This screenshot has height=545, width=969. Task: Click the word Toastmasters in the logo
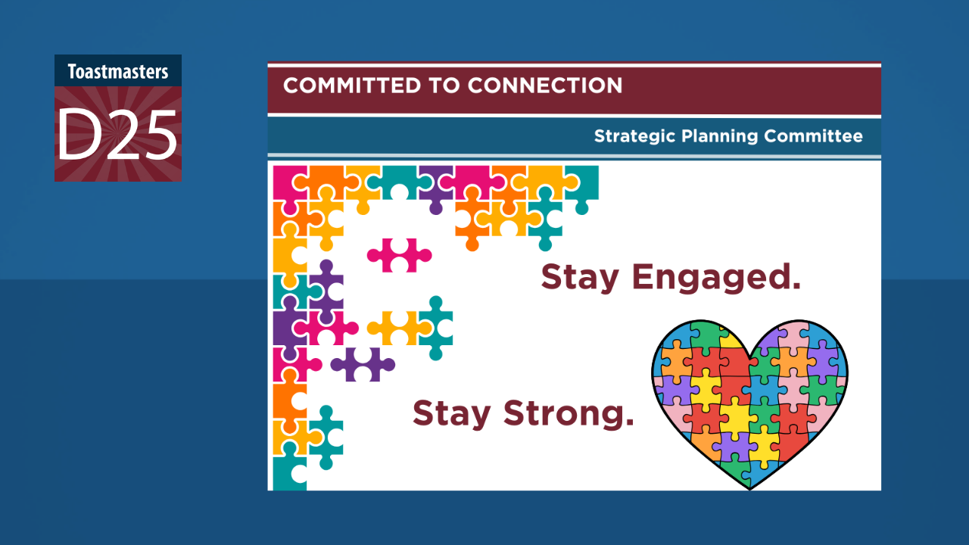[118, 72]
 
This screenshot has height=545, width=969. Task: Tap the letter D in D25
[77, 135]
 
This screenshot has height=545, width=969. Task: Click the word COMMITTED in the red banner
[352, 86]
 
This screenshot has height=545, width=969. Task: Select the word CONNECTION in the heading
[545, 86]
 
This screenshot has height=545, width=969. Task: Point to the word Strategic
[634, 137]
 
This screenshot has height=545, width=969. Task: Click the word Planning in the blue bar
[720, 137]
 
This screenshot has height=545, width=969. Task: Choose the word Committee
[813, 135]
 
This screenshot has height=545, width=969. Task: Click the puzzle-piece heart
[749, 404]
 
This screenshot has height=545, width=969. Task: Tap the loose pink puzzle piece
[399, 255]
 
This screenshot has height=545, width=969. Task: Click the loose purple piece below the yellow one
[363, 365]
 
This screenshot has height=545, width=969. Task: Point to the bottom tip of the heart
[749, 490]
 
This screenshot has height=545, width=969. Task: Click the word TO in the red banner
[444, 86]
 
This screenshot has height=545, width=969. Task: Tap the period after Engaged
[796, 285]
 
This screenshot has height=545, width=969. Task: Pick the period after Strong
[629, 422]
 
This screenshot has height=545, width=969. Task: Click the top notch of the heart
[749, 358]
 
